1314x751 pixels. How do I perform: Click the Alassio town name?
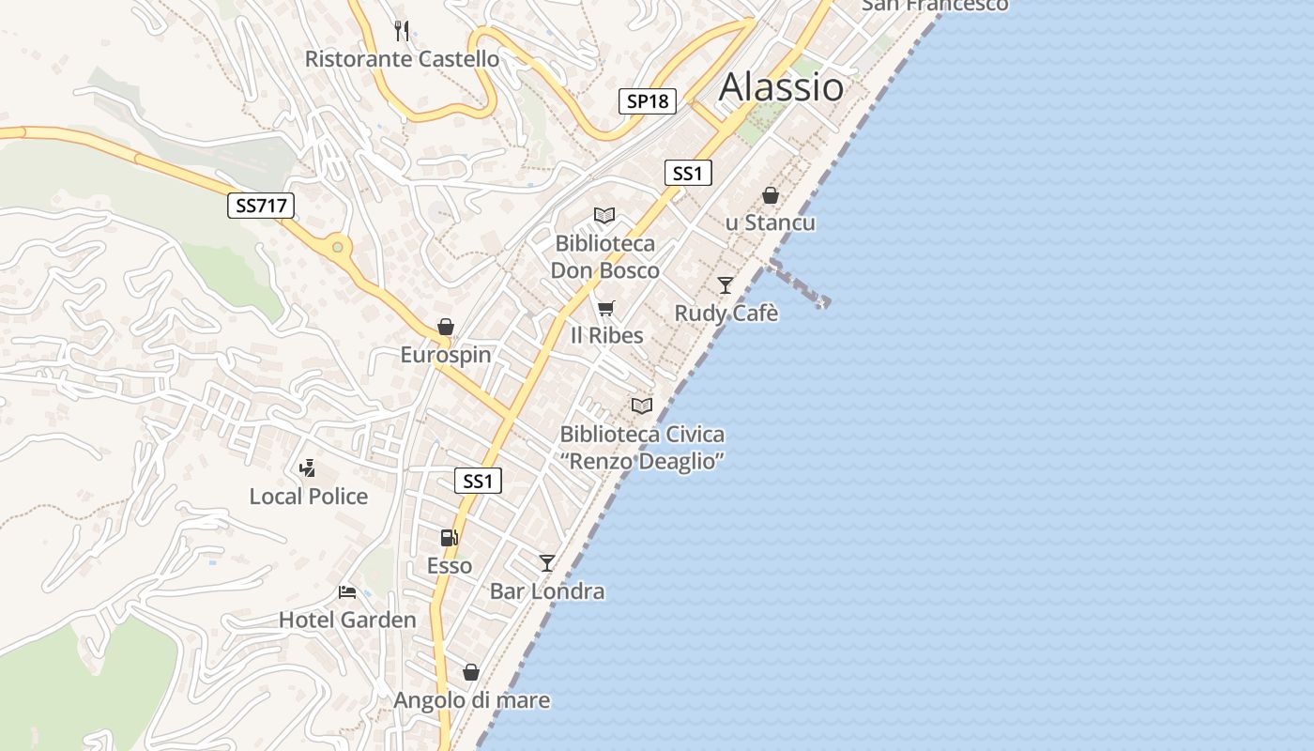781,87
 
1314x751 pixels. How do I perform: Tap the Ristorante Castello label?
402,59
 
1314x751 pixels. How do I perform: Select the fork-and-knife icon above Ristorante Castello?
402,31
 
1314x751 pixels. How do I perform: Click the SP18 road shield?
648,101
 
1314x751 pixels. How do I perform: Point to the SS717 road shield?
261,206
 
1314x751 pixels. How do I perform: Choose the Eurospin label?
446,355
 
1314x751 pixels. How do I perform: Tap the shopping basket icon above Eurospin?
446,327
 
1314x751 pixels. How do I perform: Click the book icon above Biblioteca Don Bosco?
604,216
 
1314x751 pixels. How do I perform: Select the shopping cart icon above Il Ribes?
606,308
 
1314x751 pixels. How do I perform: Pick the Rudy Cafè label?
726,314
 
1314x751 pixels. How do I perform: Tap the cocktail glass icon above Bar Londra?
547,563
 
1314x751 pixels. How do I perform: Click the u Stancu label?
771,223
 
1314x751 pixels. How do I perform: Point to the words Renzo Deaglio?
643,462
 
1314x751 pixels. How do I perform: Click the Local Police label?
309,497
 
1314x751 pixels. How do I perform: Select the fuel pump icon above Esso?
450,538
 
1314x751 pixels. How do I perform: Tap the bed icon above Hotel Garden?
347,592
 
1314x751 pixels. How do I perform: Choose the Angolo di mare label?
471,700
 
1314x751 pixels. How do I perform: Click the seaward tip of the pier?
823,302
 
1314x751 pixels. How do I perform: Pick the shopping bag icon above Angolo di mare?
471,672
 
